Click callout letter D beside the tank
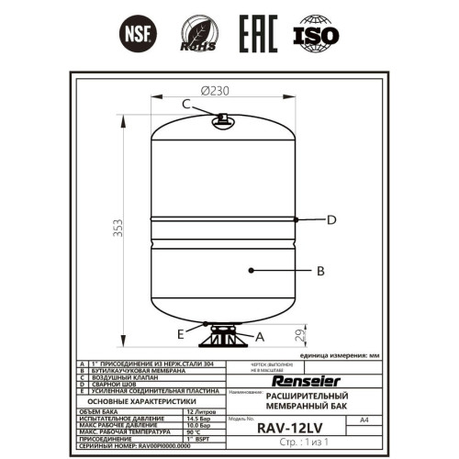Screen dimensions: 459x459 point(332,219)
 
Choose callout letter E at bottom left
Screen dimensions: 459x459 point(180,331)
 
